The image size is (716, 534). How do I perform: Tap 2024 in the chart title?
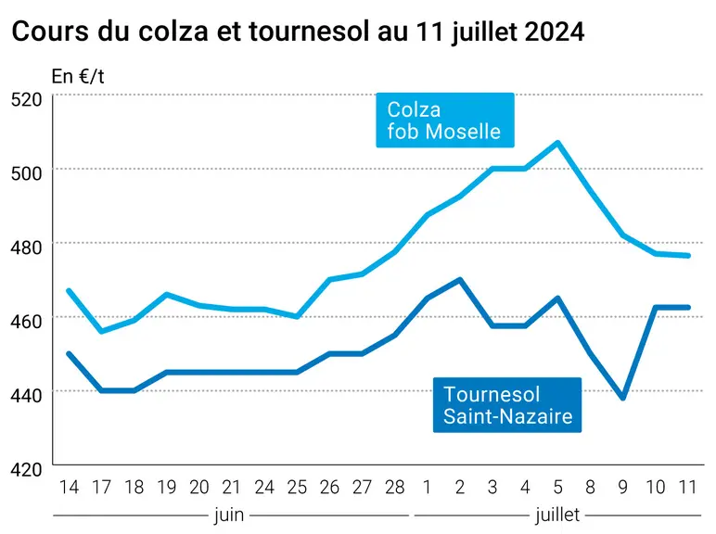pos(555,31)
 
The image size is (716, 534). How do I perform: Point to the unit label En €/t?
pos(78,76)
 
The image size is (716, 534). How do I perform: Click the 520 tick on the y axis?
pos(26,99)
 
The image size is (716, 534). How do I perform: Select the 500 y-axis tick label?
pos(26,173)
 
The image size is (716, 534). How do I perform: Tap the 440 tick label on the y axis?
pos(26,395)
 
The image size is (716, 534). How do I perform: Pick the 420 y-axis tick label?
pos(26,469)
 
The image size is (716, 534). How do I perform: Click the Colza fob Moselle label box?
pos(445,120)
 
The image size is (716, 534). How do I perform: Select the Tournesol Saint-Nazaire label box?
pos(507,405)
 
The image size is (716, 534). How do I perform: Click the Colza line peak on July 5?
pos(557,143)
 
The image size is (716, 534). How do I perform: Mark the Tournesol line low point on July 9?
pos(623,398)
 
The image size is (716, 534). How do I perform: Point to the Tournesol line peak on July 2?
pos(460,280)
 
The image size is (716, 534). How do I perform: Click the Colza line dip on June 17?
pos(101,331)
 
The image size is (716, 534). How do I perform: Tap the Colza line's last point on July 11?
pos(688,256)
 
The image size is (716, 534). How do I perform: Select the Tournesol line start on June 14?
pos(69,353)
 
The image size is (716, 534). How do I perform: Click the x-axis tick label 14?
pos(69,488)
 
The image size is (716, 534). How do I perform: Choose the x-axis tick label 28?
pos(394,488)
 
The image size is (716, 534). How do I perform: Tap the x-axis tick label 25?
pos(297,488)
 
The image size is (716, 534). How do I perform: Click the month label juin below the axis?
pos(229,515)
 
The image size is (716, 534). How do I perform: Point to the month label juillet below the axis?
pos(557,515)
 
